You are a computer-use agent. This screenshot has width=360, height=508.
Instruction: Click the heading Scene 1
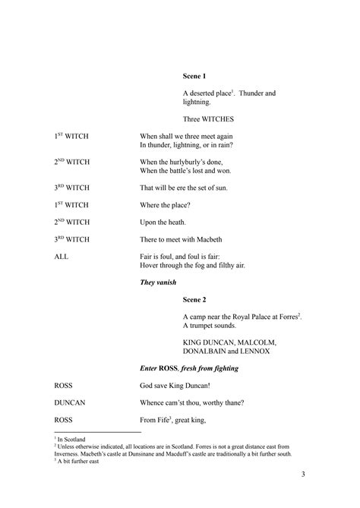coord(194,76)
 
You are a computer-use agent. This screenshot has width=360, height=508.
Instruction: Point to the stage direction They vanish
coord(159,282)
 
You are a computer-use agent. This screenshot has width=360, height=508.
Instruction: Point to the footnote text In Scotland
coord(74,439)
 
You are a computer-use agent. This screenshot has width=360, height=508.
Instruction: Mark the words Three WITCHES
coord(209,119)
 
